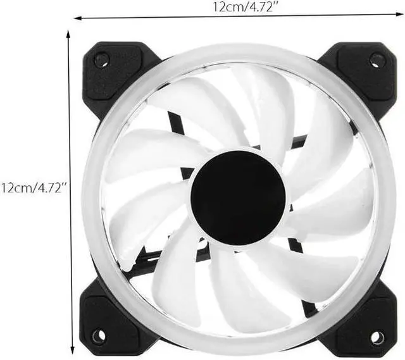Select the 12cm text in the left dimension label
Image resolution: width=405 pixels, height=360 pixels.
pyautogui.click(x=15, y=187)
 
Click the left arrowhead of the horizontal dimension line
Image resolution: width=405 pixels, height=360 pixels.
pyautogui.click(x=78, y=17)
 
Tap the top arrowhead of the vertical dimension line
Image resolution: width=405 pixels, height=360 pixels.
pyautogui.click(x=68, y=32)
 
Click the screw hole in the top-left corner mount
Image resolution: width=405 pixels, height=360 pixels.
pyautogui.click(x=102, y=61)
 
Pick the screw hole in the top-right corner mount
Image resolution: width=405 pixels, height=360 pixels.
pyautogui.click(x=378, y=61)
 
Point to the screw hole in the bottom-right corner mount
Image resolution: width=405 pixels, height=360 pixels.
pyautogui.click(x=377, y=337)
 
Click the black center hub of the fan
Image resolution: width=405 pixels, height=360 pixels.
pyautogui.click(x=238, y=197)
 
